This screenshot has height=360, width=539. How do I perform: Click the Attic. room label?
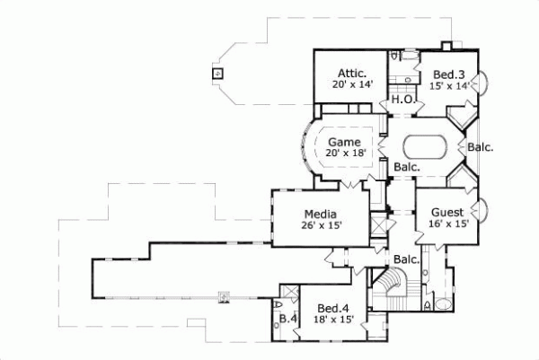click(350, 73)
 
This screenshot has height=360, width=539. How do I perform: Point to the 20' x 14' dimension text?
click(350, 85)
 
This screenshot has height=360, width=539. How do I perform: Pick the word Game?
click(343, 142)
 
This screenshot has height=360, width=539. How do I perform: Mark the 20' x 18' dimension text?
click(343, 154)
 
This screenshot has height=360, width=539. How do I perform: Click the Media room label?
click(320, 214)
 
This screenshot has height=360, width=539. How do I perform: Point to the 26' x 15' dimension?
click(320, 226)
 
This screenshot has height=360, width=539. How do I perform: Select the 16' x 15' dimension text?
click(446, 224)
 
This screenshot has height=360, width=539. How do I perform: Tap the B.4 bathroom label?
click(287, 319)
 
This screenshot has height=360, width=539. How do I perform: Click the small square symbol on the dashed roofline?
click(216, 74)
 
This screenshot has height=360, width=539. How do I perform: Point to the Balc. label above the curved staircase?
click(407, 260)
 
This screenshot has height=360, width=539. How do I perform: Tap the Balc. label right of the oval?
click(482, 147)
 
